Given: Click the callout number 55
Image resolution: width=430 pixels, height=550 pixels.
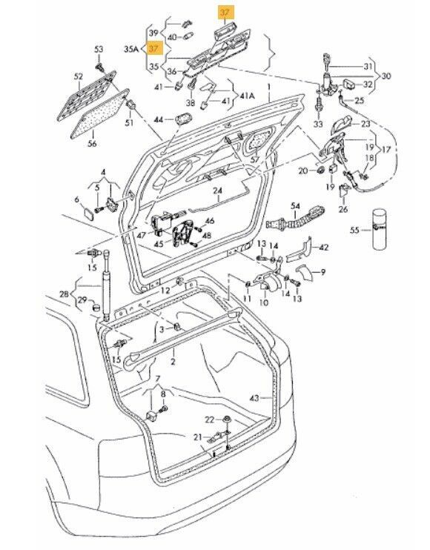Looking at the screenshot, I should (x=355, y=231).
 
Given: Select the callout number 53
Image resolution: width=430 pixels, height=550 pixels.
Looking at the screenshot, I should (x=98, y=49).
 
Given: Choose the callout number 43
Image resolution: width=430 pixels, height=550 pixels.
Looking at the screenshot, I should (x=255, y=399).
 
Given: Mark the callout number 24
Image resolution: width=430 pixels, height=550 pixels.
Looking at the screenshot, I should (x=217, y=190).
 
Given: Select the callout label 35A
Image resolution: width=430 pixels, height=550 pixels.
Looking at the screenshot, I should (x=130, y=49).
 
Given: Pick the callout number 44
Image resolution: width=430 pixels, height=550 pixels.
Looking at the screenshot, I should (x=158, y=119).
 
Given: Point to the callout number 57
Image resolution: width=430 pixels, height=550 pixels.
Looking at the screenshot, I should (x=254, y=159).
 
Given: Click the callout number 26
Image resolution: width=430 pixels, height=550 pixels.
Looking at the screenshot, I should (x=343, y=208).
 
